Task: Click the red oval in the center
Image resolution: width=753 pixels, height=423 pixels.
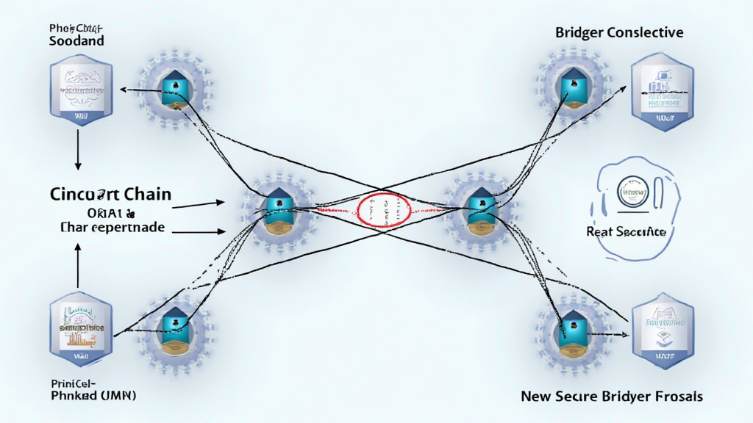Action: click(x=382, y=209)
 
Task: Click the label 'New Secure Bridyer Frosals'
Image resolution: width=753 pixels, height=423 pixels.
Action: click(x=612, y=397)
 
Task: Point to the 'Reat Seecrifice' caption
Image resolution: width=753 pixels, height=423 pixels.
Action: click(x=626, y=231)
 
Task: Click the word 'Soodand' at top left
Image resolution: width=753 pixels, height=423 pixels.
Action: click(x=76, y=41)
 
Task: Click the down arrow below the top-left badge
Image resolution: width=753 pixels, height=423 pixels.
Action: click(x=78, y=155)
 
